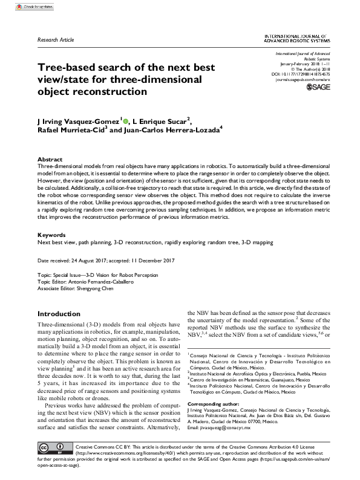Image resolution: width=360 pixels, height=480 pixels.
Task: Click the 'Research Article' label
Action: pyautogui.click(x=56, y=39)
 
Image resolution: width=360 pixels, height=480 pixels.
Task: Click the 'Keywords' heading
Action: pyautogui.click(x=51, y=235)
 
